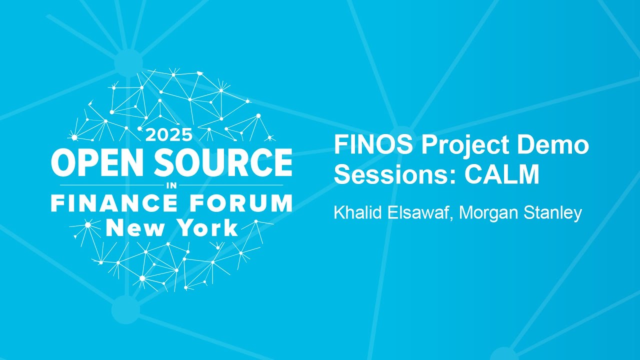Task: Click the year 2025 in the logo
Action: pos(168,135)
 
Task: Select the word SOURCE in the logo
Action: pos(224,162)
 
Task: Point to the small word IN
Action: pos(171,185)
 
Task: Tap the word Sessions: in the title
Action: pos(394,175)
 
